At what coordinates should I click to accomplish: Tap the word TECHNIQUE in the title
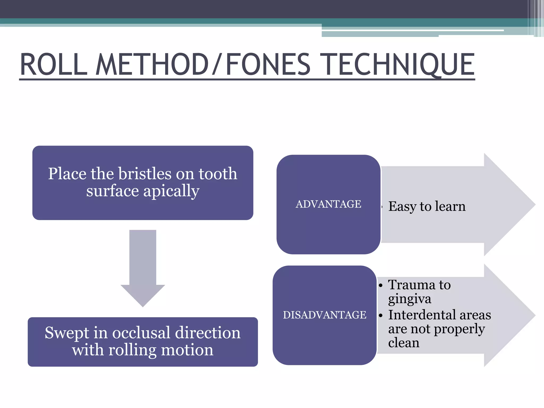click(x=397, y=64)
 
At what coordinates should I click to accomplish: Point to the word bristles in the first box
click(x=144, y=174)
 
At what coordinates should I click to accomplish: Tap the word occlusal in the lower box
click(x=141, y=333)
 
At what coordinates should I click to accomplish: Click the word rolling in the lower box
click(x=133, y=350)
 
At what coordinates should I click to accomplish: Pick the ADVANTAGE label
click(x=328, y=204)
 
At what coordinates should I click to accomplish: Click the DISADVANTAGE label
click(x=325, y=315)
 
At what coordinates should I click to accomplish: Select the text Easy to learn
click(x=427, y=206)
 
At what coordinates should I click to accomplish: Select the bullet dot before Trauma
click(x=381, y=286)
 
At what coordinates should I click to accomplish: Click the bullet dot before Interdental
click(x=381, y=316)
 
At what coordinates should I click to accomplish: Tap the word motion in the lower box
click(x=187, y=350)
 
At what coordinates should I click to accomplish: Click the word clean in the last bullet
click(x=403, y=343)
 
